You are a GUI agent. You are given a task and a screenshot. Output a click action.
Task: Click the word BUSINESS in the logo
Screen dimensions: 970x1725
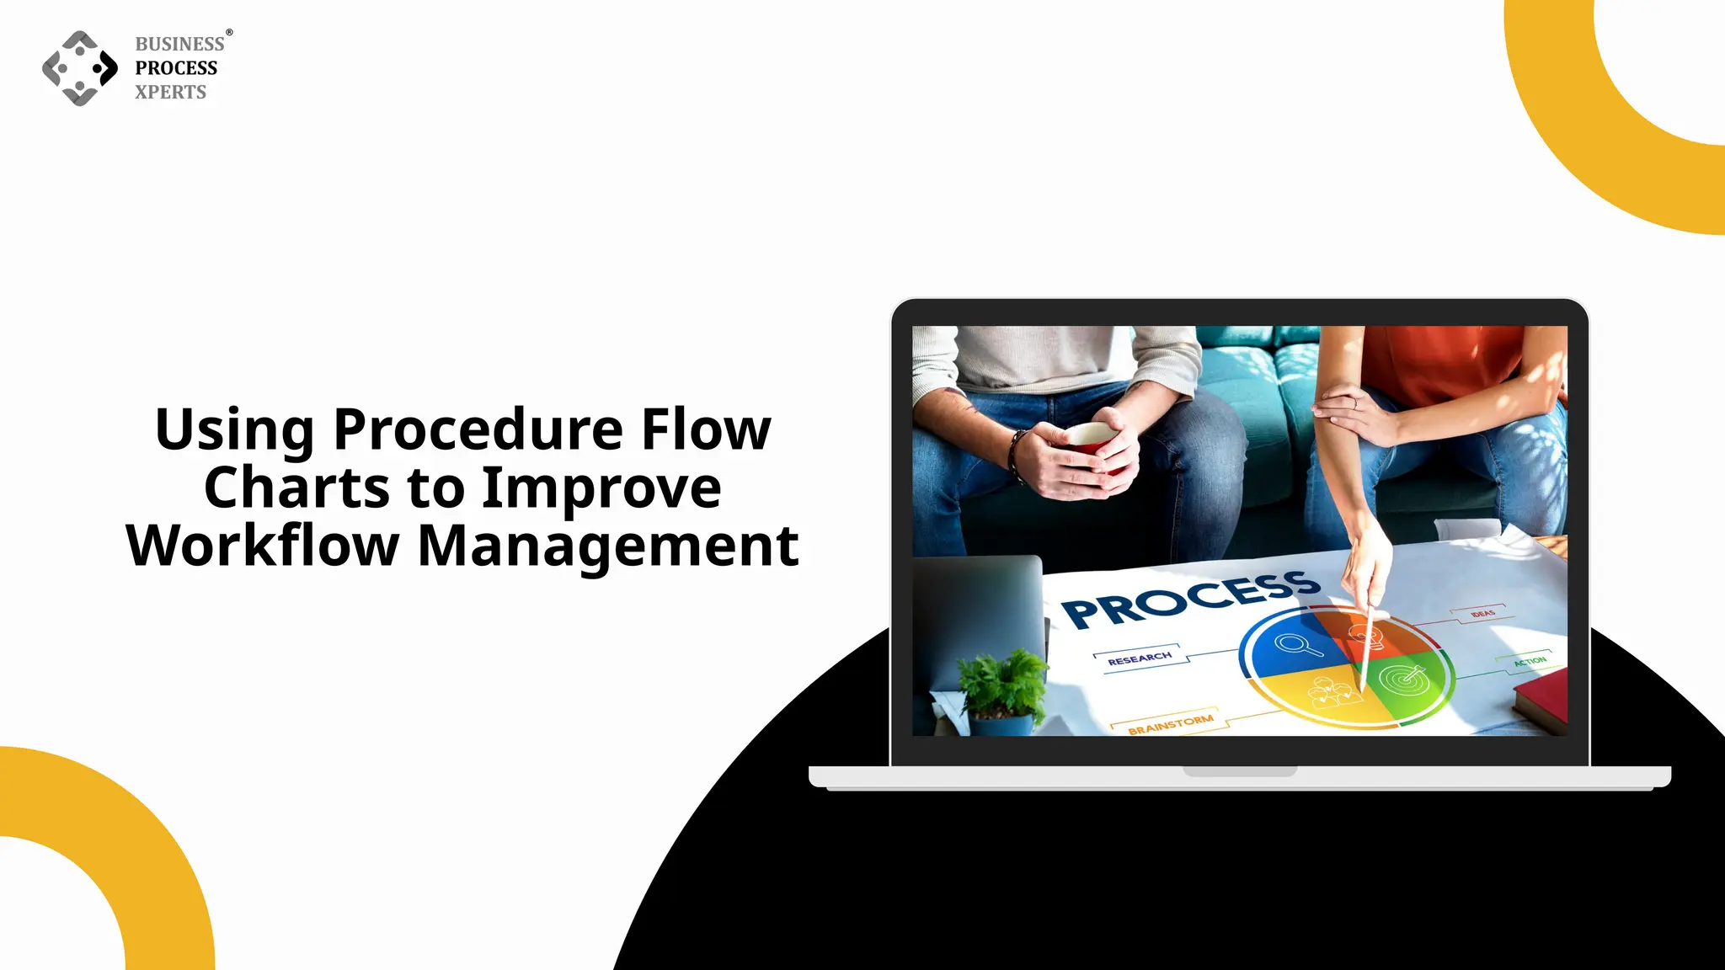[x=179, y=44]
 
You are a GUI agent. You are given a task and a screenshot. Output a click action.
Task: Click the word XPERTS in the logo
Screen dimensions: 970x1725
[x=170, y=92]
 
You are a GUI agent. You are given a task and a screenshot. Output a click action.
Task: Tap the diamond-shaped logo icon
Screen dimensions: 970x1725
[x=80, y=68]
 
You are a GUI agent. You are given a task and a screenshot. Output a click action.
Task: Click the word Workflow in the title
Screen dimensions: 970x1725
[x=262, y=546]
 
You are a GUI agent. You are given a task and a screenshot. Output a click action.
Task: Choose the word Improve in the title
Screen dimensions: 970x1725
[x=601, y=488]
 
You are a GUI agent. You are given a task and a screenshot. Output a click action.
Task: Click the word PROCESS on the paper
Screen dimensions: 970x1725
[x=1188, y=599]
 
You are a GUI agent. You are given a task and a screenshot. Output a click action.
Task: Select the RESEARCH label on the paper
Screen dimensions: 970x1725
[x=1140, y=658]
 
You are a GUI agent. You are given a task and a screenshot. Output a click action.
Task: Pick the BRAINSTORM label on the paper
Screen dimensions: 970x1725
[x=1170, y=724]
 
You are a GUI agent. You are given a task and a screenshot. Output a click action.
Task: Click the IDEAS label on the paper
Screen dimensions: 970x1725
[x=1482, y=613]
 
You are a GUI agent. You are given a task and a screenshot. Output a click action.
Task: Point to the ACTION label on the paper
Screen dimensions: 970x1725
[x=1530, y=661]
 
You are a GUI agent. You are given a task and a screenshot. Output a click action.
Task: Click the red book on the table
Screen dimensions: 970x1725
[x=1541, y=699]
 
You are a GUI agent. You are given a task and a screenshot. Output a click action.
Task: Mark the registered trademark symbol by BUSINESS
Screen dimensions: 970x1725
[x=229, y=33]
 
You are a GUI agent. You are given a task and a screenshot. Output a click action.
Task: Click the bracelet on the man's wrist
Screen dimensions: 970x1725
[x=1017, y=456]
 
